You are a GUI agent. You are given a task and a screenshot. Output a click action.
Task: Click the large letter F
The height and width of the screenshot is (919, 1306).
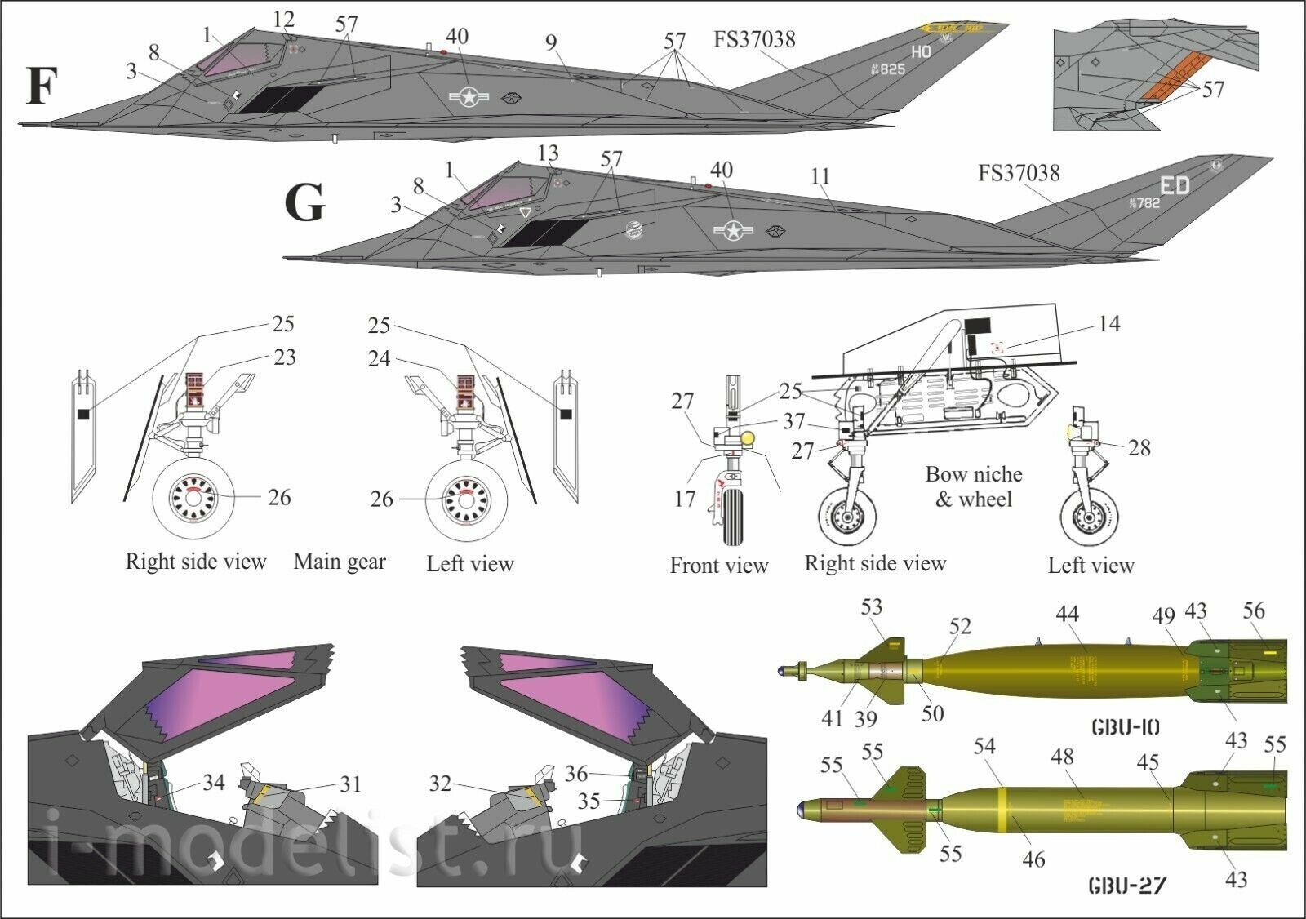pos(42,86)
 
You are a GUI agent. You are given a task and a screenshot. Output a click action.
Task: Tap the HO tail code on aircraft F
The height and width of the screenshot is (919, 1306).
pos(921,51)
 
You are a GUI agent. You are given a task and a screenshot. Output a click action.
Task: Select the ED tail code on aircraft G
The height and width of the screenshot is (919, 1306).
pos(1175,185)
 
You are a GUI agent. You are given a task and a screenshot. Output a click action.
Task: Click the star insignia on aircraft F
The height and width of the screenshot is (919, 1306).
pos(469,97)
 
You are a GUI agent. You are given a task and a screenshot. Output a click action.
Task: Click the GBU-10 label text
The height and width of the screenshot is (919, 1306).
pos(1125,726)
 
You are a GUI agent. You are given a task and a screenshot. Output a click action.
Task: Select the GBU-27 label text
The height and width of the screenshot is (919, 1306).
pos(1126,884)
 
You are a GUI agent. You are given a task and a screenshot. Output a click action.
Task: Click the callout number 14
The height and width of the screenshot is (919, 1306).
pos(1108,324)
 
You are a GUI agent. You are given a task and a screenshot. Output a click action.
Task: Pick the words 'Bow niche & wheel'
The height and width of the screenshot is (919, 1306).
pos(973,486)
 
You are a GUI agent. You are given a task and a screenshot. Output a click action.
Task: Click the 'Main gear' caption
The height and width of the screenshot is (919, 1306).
pos(340,562)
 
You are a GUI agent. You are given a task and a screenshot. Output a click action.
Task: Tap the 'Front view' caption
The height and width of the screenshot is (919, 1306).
pos(718,565)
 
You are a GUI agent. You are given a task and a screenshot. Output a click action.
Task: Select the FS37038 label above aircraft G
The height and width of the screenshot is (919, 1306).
pos(1019,173)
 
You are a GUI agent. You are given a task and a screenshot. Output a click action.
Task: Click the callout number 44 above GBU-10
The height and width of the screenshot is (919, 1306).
pos(1067,614)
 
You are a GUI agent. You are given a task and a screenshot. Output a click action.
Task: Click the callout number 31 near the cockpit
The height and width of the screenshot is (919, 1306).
pos(350,784)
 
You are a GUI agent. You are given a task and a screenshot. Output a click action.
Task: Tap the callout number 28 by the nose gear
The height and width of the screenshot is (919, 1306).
pos(1139,447)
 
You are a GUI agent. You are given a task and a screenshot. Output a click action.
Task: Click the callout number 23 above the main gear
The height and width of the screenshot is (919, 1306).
pos(284,357)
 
